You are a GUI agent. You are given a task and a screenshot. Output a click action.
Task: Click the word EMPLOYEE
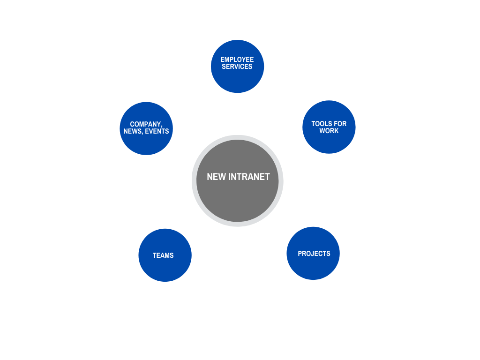(x=237, y=60)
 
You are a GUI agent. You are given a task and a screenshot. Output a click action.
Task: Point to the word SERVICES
(x=237, y=67)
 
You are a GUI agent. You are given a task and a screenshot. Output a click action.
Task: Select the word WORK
(x=329, y=131)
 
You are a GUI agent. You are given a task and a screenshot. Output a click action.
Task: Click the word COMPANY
(x=145, y=124)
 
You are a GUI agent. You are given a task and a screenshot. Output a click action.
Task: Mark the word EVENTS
(x=157, y=131)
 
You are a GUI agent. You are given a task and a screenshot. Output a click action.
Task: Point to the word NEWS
(x=132, y=131)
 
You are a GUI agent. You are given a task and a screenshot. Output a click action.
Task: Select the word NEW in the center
(x=216, y=177)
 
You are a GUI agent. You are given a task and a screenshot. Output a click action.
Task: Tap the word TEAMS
(x=163, y=255)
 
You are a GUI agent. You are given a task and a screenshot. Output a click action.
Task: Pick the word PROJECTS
(x=314, y=254)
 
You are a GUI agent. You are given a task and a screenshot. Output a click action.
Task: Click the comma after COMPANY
(x=162, y=127)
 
